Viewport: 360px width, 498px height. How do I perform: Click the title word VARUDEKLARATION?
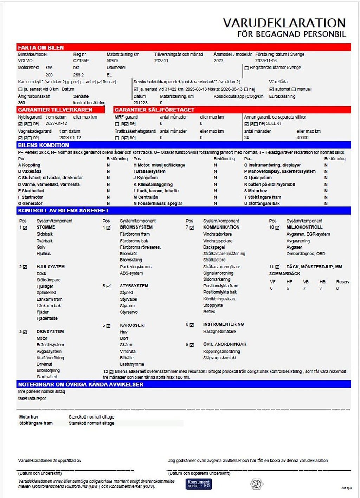coord(284,23)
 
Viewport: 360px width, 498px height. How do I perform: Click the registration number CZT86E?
coord(81,61)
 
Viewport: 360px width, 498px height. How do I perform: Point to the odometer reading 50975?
coord(112,61)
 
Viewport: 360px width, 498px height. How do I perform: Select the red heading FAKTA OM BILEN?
coord(41,47)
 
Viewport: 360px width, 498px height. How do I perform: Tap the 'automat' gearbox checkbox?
coord(271,89)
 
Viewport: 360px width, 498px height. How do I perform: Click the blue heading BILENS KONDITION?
coord(43,145)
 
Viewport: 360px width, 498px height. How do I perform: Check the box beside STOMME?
coord(25,228)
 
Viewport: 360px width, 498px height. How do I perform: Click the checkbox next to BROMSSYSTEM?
coord(108,228)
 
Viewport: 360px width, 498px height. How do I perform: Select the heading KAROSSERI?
coord(132,325)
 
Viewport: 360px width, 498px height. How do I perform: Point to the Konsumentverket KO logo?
coord(199,484)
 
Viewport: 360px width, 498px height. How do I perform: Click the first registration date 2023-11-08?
coord(266,61)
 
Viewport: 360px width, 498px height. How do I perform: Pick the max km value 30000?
coord(302,138)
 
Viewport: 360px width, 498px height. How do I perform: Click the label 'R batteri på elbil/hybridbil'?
coord(269,184)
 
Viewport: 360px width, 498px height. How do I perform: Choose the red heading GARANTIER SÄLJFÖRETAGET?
coord(154,110)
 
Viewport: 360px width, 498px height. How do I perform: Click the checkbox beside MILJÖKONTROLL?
coord(277,228)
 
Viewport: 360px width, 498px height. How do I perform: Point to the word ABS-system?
coord(131,273)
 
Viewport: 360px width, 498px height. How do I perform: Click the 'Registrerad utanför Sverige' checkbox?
coord(246,68)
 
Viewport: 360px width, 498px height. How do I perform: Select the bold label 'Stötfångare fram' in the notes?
coord(36,423)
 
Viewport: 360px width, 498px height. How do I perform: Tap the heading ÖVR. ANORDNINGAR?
coord(225,344)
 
